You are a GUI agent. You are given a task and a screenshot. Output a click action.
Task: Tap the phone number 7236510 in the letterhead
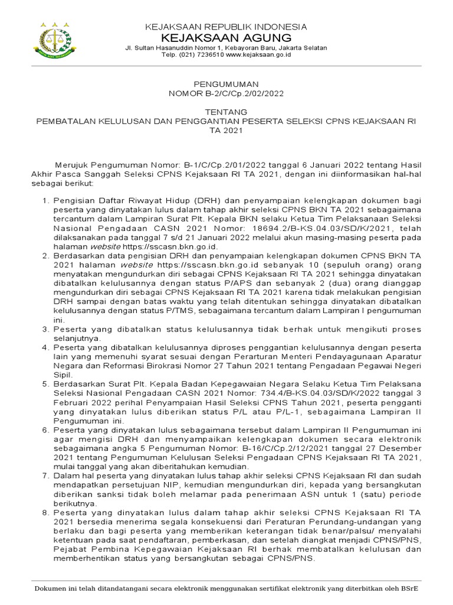206,55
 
